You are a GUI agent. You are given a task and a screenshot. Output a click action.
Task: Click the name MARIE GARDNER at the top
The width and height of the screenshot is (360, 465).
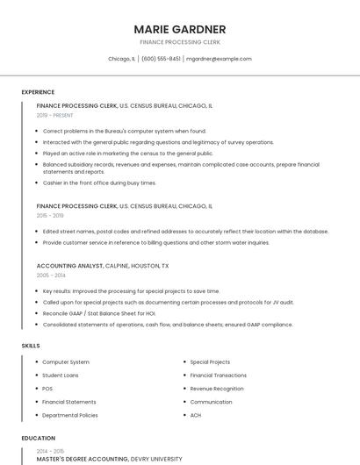point(180,29)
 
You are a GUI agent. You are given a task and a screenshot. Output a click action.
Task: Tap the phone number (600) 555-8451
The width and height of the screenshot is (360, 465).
point(161,59)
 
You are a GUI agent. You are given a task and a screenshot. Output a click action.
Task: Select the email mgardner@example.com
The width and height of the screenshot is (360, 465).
point(219,59)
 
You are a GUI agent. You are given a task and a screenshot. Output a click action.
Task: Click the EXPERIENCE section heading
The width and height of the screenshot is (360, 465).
point(38,92)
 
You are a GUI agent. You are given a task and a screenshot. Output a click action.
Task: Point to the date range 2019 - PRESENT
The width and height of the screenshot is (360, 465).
point(55,115)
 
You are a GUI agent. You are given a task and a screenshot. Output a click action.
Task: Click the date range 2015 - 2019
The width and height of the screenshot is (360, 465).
point(50,215)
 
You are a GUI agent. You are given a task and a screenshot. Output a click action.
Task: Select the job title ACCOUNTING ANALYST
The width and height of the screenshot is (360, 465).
point(69,265)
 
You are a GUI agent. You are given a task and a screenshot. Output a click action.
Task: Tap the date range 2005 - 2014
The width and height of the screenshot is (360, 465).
point(51,275)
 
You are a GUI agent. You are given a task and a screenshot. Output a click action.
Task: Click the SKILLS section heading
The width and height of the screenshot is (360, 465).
point(31,346)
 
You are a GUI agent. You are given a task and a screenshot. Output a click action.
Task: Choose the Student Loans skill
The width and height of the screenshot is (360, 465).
point(61,375)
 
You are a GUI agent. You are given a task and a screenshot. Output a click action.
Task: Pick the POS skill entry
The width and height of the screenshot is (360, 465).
point(47,388)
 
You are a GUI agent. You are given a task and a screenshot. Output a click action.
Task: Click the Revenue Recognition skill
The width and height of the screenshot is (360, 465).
point(217,388)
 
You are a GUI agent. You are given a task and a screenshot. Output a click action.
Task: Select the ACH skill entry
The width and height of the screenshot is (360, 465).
point(196,415)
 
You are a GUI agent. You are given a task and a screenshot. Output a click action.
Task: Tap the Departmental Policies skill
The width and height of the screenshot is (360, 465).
point(70,415)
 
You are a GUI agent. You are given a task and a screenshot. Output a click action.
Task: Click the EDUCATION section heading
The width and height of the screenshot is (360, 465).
point(38,438)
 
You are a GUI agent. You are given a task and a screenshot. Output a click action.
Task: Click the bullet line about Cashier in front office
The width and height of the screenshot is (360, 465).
point(99,182)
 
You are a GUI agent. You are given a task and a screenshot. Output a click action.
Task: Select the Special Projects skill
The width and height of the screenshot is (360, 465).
point(210,361)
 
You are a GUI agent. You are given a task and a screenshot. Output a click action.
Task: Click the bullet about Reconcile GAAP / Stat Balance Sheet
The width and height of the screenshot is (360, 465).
point(99,313)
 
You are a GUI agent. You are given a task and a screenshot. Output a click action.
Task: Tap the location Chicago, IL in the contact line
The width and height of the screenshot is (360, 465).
point(121,59)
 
